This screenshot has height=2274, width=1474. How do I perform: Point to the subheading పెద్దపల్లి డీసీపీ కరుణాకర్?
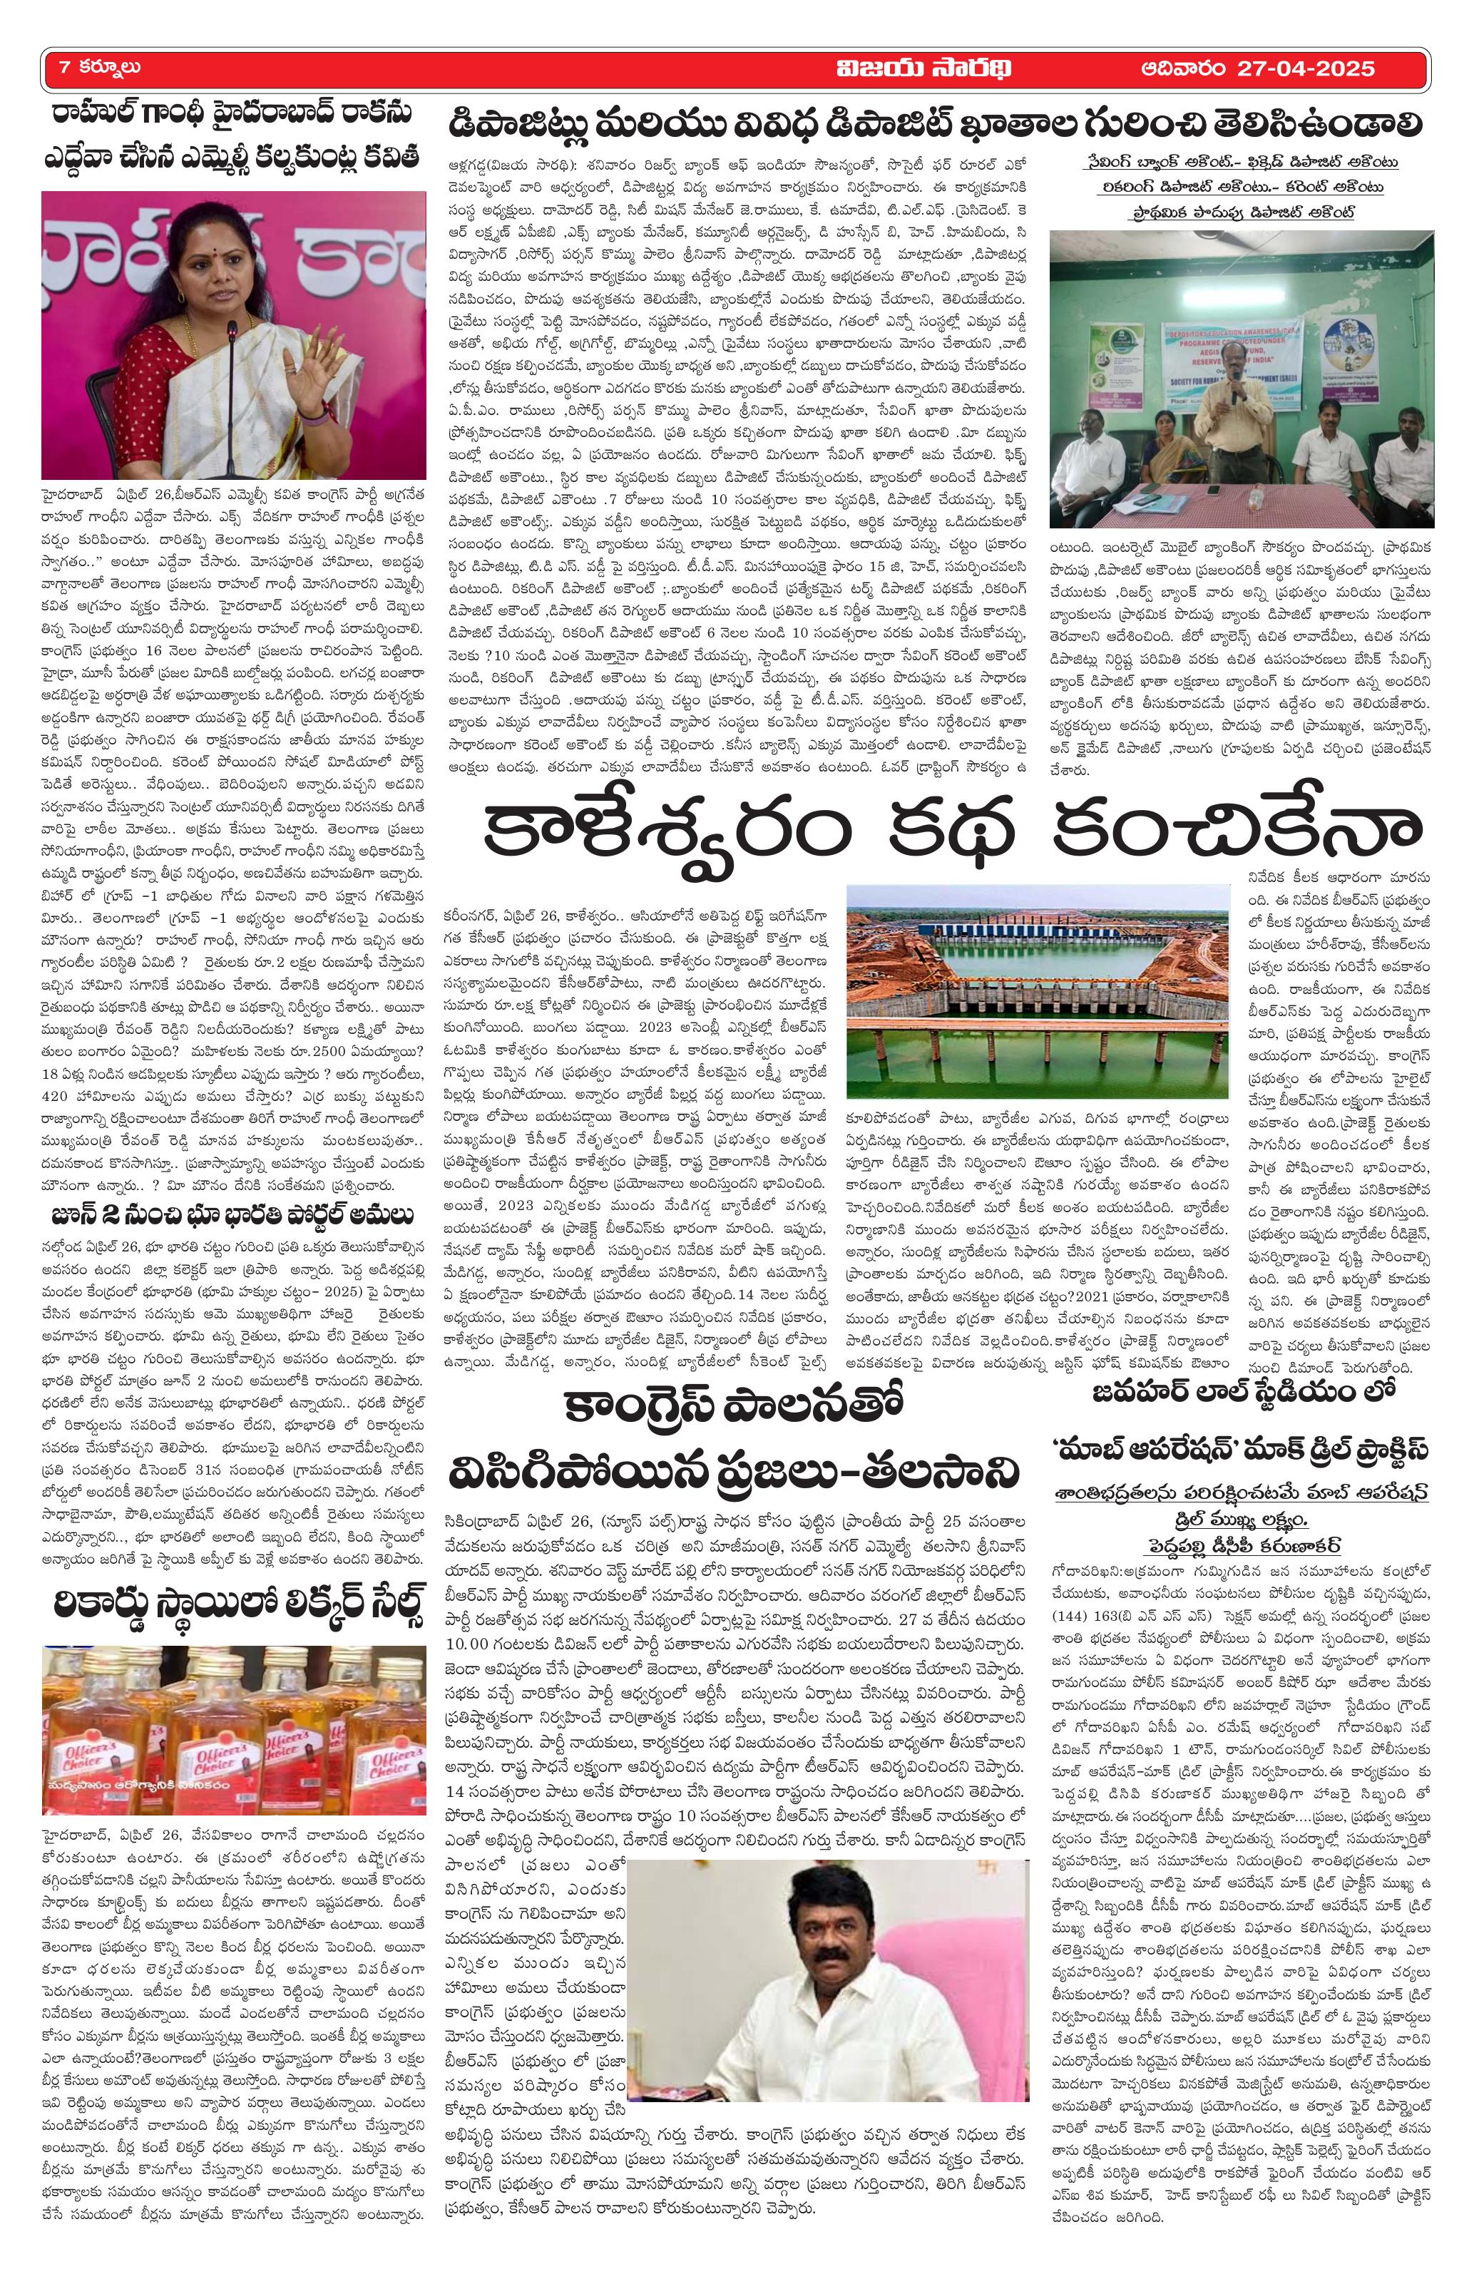[x=1239, y=1517]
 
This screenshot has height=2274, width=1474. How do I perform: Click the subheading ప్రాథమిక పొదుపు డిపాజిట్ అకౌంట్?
[x=1239, y=211]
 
